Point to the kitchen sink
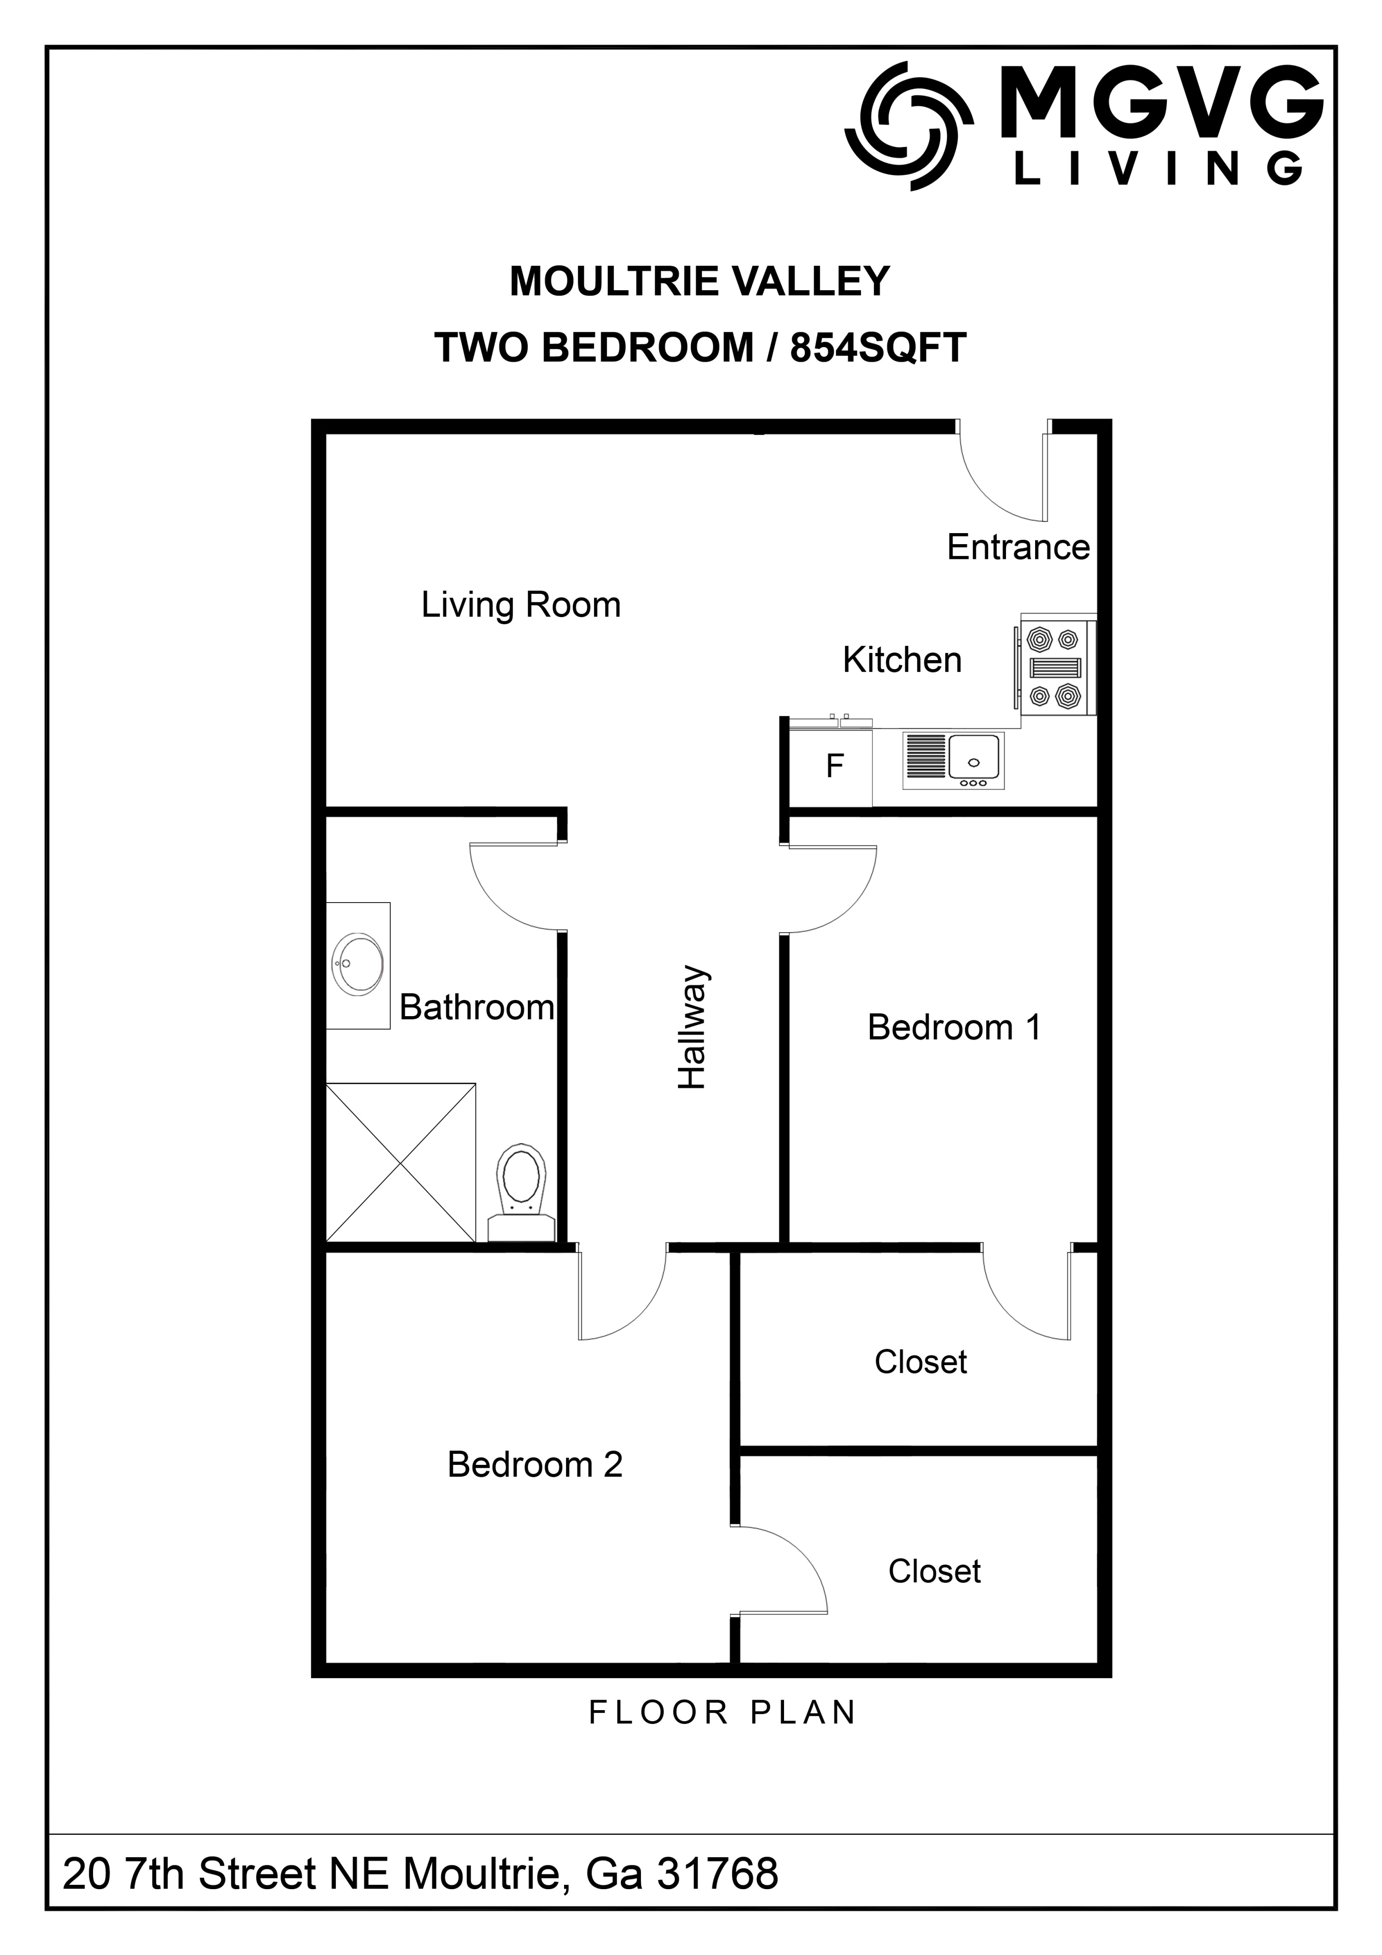tap(953, 759)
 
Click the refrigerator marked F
tap(831, 767)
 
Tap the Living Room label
tap(521, 605)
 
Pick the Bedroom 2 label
tap(535, 1464)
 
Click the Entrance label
tap(1018, 547)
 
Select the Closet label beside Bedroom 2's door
tap(934, 1571)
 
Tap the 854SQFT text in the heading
tap(878, 347)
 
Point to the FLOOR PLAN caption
tap(722, 1713)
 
